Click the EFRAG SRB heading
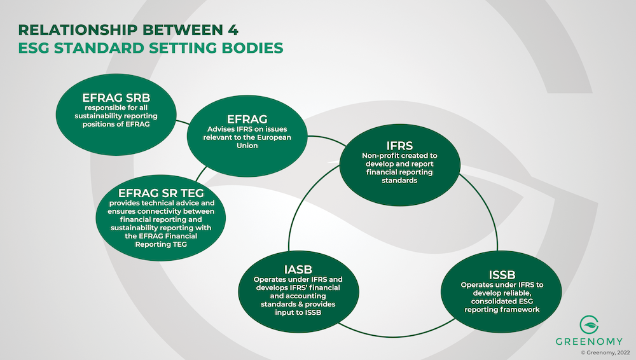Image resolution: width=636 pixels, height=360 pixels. point(116,98)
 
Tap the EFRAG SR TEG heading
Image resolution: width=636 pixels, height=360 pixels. point(161,193)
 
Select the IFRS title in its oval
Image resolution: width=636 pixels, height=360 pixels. point(399,146)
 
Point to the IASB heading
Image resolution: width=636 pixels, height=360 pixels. point(298,270)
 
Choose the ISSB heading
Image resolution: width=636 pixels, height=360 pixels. point(502,275)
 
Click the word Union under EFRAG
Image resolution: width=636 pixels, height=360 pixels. point(247,146)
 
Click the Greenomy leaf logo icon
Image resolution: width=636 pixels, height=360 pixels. point(589,324)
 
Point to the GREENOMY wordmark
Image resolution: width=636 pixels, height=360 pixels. point(589,342)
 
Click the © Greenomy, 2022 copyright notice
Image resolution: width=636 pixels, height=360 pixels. point(605,353)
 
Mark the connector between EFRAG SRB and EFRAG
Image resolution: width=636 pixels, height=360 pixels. point(183,122)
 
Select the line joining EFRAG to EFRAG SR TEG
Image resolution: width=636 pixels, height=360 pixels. point(201,174)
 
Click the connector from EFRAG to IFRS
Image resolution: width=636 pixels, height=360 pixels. point(326,140)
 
